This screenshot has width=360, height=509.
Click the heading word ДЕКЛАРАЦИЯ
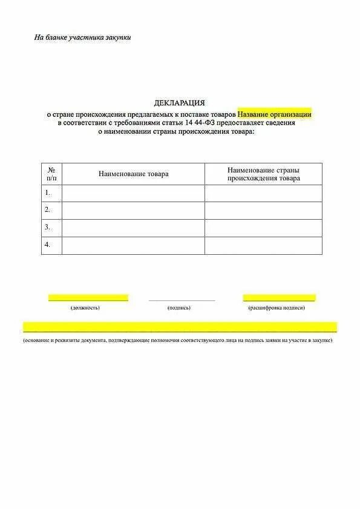[180, 103]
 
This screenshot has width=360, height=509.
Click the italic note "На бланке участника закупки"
[82, 38]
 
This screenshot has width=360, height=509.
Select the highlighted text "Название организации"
[274, 113]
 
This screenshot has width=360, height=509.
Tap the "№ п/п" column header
[51, 174]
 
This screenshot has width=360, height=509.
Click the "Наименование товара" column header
[133, 174]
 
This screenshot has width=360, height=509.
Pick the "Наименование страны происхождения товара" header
[263, 174]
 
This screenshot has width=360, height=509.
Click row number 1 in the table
[47, 193]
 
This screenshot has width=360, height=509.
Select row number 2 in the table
[47, 210]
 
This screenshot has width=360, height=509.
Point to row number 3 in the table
[47, 228]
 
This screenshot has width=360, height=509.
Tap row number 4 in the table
[47, 245]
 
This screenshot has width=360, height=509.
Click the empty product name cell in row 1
[133, 193]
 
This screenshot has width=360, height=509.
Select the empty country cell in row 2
[263, 210]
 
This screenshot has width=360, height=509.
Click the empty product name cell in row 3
[133, 228]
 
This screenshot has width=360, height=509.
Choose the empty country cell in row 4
[263, 245]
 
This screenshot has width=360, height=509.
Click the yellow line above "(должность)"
[88, 298]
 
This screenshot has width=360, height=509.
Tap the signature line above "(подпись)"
[182, 300]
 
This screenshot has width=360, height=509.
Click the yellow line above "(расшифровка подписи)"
[279, 298]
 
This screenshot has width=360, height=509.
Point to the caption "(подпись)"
[179, 308]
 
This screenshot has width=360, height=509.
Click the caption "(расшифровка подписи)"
[277, 308]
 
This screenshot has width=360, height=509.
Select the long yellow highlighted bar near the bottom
[180, 327]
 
